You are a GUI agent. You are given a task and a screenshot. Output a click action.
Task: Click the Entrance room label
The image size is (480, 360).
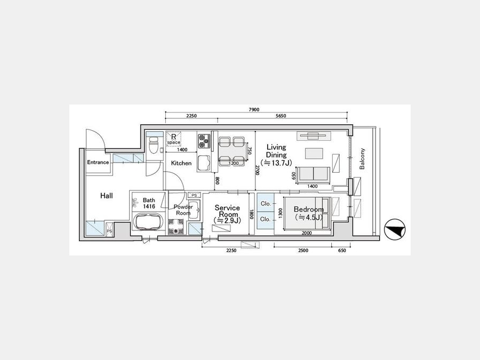(x=98, y=162)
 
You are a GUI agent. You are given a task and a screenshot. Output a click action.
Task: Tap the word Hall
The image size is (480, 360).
(x=107, y=196)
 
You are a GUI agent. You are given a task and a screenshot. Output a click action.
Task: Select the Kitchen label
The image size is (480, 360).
(x=181, y=163)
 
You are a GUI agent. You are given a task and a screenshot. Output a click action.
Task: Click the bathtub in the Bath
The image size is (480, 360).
(x=148, y=222)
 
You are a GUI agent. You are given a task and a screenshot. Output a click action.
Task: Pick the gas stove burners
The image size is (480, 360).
(x=204, y=140)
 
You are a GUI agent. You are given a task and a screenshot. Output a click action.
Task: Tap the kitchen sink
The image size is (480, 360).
(x=204, y=163)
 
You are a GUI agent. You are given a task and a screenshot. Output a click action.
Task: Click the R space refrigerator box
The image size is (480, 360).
(x=173, y=139)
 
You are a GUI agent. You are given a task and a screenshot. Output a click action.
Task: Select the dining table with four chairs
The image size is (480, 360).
(x=231, y=150)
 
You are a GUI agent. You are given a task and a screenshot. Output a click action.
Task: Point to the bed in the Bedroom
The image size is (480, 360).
(x=307, y=213)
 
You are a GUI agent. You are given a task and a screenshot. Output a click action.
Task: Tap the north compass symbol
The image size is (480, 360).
(x=395, y=229)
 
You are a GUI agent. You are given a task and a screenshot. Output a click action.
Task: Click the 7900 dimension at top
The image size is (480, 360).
(x=254, y=109)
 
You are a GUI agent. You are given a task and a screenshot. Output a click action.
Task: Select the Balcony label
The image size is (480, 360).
(x=362, y=159)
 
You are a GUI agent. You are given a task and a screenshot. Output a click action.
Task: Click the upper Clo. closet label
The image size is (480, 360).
(x=266, y=204)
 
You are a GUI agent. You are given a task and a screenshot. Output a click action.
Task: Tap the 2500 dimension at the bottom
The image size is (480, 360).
(x=303, y=251)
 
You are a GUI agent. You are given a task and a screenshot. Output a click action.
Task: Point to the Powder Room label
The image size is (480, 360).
(x=183, y=210)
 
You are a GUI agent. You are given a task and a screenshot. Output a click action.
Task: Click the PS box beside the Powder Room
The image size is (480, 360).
(x=194, y=195)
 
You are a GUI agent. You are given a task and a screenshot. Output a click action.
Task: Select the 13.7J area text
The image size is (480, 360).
(x=276, y=163)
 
